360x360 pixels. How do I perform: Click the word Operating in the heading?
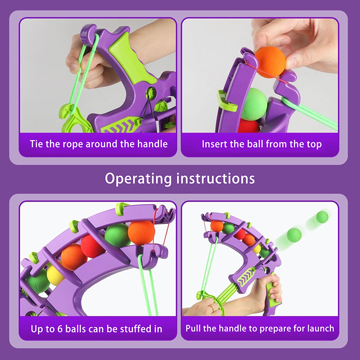tap(138, 179)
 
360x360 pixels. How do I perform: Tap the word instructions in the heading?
tap(216, 178)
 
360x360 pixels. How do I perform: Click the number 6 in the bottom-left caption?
tap(60, 329)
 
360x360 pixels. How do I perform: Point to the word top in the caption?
tap(314, 144)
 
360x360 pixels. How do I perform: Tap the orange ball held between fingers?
tap(270, 62)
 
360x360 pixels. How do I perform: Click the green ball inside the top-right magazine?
tap(254, 104)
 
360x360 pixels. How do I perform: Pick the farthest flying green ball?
tap(322, 217)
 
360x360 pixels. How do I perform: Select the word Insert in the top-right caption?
tap(215, 144)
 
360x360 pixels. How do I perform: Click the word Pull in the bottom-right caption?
tap(193, 328)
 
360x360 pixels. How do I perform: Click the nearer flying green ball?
tap(294, 235)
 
